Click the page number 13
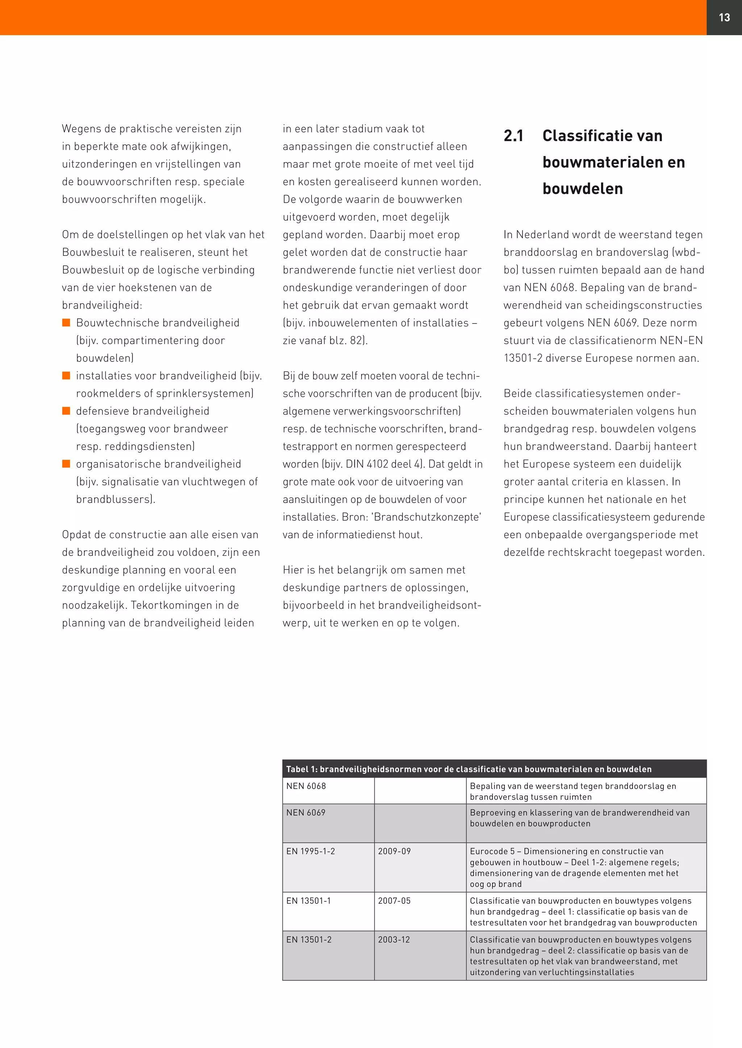724,17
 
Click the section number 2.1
513,136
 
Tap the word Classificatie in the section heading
581,136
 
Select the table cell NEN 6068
306,786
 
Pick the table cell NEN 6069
306,812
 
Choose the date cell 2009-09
394,851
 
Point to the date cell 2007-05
394,901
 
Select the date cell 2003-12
394,939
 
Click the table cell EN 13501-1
308,901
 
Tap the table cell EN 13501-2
309,939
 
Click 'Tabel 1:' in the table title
301,769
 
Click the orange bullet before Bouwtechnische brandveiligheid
66,323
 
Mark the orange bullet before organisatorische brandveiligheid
66,464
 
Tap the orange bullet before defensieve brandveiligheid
66,411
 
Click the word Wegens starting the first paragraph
81,129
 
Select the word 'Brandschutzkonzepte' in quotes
427,517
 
